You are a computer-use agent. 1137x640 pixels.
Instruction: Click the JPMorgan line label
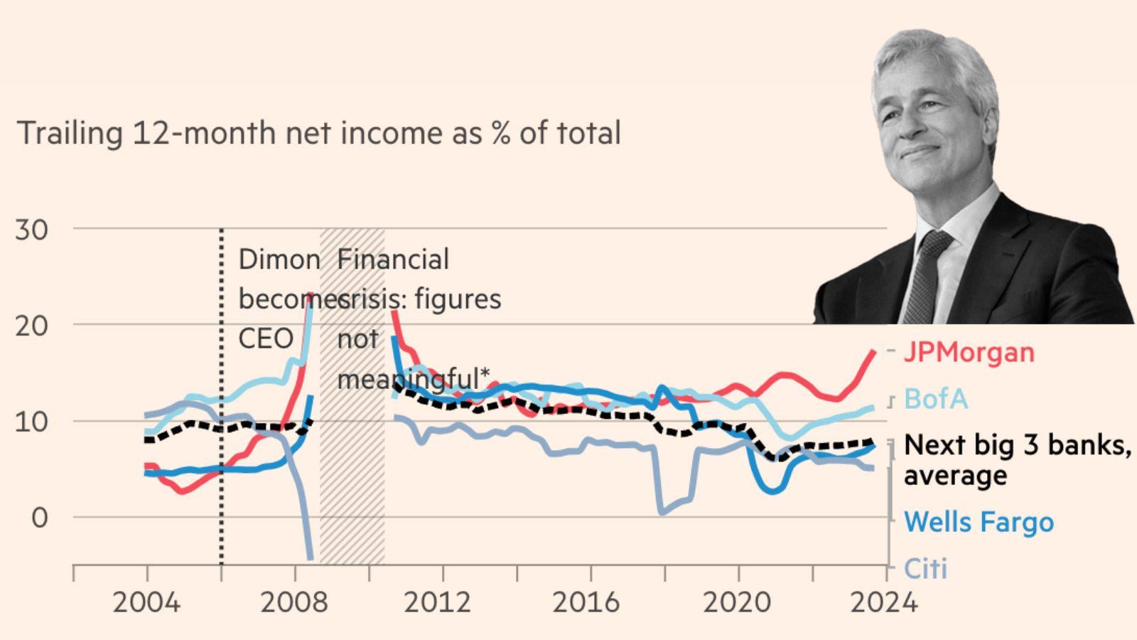[x=969, y=352]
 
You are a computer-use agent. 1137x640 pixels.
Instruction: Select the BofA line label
[x=936, y=399]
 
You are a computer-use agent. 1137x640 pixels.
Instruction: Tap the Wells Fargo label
[x=979, y=522]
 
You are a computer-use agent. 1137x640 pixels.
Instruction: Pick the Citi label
[x=925, y=568]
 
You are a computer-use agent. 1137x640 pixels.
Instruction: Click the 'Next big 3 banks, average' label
[x=1016, y=459]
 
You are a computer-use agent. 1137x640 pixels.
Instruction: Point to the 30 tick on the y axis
[x=32, y=230]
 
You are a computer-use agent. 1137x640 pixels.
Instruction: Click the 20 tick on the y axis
[x=32, y=326]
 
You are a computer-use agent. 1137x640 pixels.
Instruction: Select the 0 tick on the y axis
[x=40, y=518]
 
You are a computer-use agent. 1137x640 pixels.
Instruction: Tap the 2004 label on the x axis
[x=146, y=603]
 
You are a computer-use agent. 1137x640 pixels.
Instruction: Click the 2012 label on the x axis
[x=437, y=603]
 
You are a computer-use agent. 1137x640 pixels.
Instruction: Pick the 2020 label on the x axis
[x=736, y=603]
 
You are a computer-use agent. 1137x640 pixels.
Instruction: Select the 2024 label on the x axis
[x=883, y=603]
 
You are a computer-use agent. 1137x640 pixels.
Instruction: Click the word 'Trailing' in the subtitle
[x=70, y=134]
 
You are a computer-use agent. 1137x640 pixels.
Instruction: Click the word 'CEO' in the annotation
[x=266, y=338]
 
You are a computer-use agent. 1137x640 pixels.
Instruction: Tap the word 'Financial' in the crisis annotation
[x=393, y=260]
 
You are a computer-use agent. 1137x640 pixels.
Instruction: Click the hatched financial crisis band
[x=352, y=462]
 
